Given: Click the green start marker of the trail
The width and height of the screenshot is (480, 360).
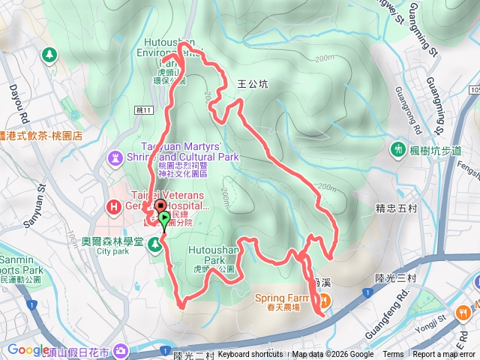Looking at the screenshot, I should pyautogui.click(x=164, y=219).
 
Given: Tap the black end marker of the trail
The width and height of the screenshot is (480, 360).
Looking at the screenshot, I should pyautogui.click(x=159, y=205).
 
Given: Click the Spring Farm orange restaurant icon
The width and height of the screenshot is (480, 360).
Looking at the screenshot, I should pyautogui.click(x=325, y=301).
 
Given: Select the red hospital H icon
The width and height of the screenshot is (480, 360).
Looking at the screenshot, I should pyautogui.click(x=114, y=205).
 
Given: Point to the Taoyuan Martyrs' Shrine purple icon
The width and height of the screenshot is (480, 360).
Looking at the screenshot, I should pyautogui.click(x=115, y=158).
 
